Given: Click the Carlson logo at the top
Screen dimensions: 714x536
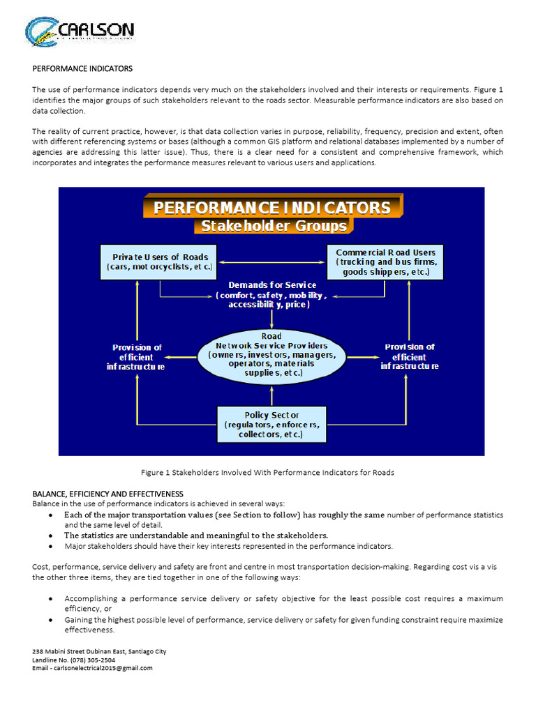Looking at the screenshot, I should pos(80,32).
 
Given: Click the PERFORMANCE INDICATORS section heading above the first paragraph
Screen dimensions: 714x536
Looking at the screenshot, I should pos(82,69).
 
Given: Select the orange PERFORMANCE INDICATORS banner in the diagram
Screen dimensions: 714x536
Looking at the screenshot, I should pos(271,208).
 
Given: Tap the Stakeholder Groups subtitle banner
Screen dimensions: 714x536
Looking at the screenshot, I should pos(273,226).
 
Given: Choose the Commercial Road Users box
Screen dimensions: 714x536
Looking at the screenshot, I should pos(385,261).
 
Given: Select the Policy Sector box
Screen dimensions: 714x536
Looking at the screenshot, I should pos(271,424).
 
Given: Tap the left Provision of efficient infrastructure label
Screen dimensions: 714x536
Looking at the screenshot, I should pos(137,356).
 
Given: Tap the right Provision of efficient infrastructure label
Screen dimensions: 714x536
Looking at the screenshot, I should pos(410,356).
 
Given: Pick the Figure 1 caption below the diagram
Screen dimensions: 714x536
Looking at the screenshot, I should pos(267,472).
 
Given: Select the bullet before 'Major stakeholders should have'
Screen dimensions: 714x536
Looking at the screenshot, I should pos(52,547).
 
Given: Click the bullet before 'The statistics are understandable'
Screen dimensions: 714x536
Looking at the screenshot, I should pos(52,535).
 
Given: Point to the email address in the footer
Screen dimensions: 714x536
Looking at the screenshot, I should pos(92,667).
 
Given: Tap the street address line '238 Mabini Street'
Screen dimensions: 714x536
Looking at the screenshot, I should pos(99,651).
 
